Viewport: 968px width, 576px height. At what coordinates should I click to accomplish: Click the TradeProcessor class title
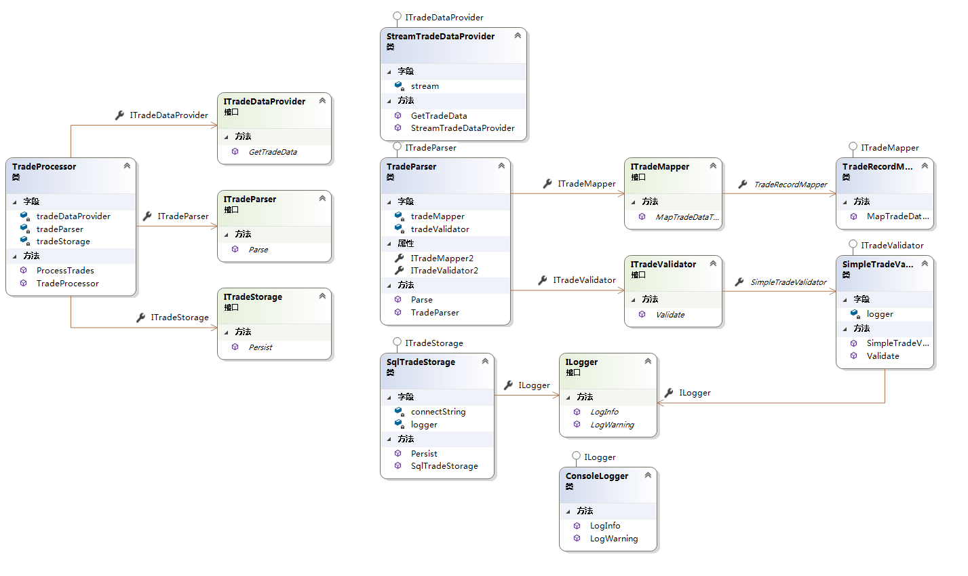44,166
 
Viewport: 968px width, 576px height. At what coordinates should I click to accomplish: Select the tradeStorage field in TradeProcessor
63,242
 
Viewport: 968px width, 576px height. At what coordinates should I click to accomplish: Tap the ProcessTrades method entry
65,270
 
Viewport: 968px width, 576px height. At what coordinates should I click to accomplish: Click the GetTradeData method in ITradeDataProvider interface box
273,152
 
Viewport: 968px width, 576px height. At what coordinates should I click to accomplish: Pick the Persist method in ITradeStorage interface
260,347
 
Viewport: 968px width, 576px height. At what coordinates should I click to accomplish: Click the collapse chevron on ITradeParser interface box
322,198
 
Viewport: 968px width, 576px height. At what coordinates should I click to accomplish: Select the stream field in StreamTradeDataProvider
425,86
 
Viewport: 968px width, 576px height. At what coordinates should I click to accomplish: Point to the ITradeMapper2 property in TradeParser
442,258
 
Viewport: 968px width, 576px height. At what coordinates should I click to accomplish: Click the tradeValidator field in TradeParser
440,229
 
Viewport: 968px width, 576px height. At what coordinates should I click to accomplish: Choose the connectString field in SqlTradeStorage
438,412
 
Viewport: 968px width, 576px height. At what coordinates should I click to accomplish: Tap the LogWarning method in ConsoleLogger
614,539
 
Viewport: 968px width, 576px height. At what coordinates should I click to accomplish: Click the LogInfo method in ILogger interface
604,412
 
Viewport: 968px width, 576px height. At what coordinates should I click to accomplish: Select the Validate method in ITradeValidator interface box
670,315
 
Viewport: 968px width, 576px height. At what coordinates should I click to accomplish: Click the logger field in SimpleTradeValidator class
880,314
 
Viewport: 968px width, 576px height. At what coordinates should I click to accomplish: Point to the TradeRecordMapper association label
790,185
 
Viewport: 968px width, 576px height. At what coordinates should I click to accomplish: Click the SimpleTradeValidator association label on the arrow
788,282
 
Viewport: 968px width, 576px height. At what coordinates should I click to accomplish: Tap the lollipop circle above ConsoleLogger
576,456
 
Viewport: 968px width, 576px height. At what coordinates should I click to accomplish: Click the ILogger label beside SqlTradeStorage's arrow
534,385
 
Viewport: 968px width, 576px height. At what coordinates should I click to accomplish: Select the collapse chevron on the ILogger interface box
648,361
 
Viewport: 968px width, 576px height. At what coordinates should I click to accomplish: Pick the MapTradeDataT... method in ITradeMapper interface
686,217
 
